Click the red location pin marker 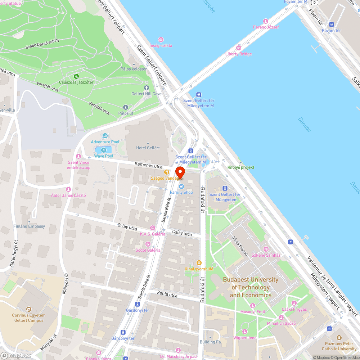(x=180, y=172)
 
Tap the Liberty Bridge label (x=238, y=54)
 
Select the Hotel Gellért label (x=148, y=148)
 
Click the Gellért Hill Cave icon (x=146, y=88)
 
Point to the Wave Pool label (x=104, y=156)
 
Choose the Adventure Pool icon (x=105, y=136)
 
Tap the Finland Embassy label (x=29, y=226)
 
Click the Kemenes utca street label (x=148, y=165)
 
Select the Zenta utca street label (x=167, y=295)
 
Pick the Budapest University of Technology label (x=251, y=287)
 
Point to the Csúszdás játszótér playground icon (x=76, y=76)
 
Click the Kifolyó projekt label (x=240, y=167)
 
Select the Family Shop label (x=181, y=193)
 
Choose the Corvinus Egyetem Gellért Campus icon (x=28, y=309)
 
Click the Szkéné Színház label (x=266, y=255)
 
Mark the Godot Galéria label (x=148, y=250)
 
